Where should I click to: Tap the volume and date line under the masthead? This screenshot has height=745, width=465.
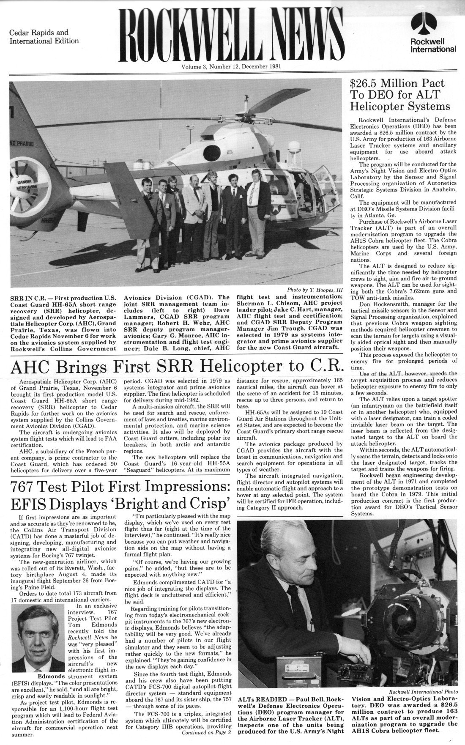pyautogui.click(x=231, y=66)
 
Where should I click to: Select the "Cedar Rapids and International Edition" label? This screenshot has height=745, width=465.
pyautogui.click(x=44, y=37)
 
